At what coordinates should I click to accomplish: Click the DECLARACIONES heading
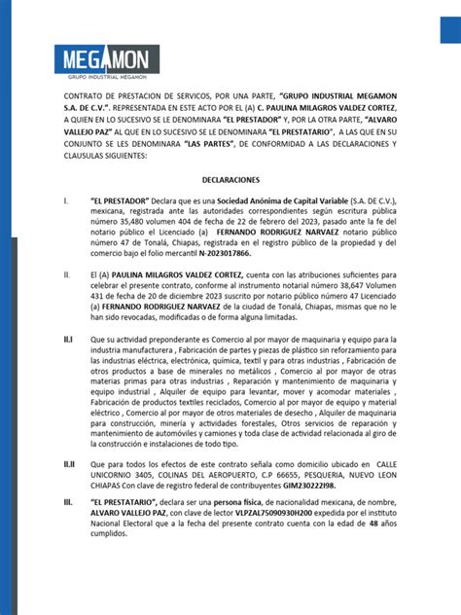pyautogui.click(x=231, y=180)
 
